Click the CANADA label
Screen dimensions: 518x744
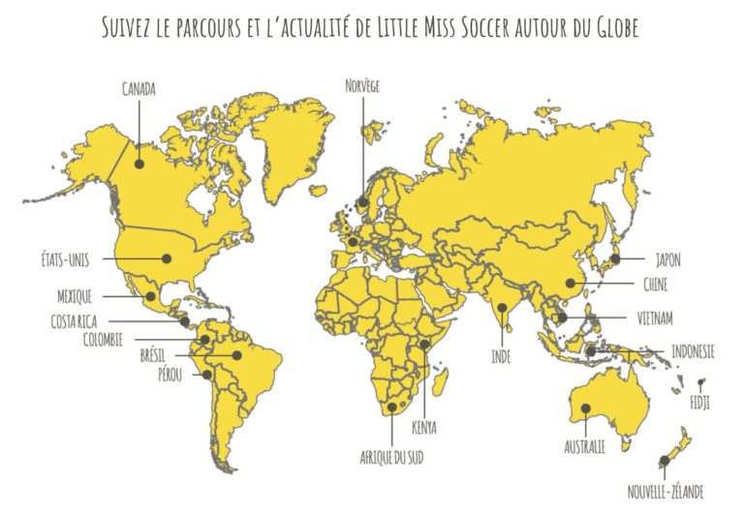click(x=139, y=89)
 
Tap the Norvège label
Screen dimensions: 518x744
click(x=362, y=86)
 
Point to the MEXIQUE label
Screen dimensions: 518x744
click(x=75, y=296)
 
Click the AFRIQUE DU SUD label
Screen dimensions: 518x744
click(x=391, y=455)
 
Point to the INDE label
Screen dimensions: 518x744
click(x=501, y=356)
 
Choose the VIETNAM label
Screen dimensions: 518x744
click(x=656, y=318)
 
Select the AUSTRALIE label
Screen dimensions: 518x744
click(x=585, y=447)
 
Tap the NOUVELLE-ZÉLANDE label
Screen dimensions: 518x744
click(x=665, y=493)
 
